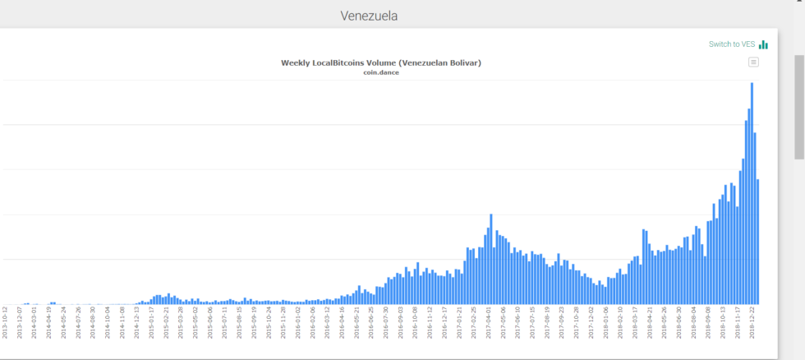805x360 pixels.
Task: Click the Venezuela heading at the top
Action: click(x=369, y=16)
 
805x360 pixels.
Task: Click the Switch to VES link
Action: click(x=732, y=44)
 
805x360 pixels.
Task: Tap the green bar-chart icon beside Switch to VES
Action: click(x=764, y=44)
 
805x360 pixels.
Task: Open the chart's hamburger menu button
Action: click(x=753, y=62)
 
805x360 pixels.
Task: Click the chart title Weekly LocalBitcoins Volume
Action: click(x=380, y=62)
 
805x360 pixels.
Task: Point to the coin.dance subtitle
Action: click(x=380, y=72)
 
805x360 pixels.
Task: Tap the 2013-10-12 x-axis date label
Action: click(x=5, y=323)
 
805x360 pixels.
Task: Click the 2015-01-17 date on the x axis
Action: click(x=151, y=323)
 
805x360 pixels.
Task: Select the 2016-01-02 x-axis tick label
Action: click(x=297, y=323)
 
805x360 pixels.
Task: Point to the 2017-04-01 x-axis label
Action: click(x=488, y=323)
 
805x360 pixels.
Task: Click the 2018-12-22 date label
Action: click(x=752, y=323)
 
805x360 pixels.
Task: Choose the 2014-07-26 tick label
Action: click(x=78, y=323)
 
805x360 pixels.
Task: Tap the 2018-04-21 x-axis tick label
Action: click(x=649, y=323)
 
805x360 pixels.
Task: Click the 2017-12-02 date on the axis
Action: click(x=591, y=323)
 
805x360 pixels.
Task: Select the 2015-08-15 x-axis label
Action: click(x=239, y=323)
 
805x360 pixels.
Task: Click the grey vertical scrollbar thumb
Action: click(x=798, y=107)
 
